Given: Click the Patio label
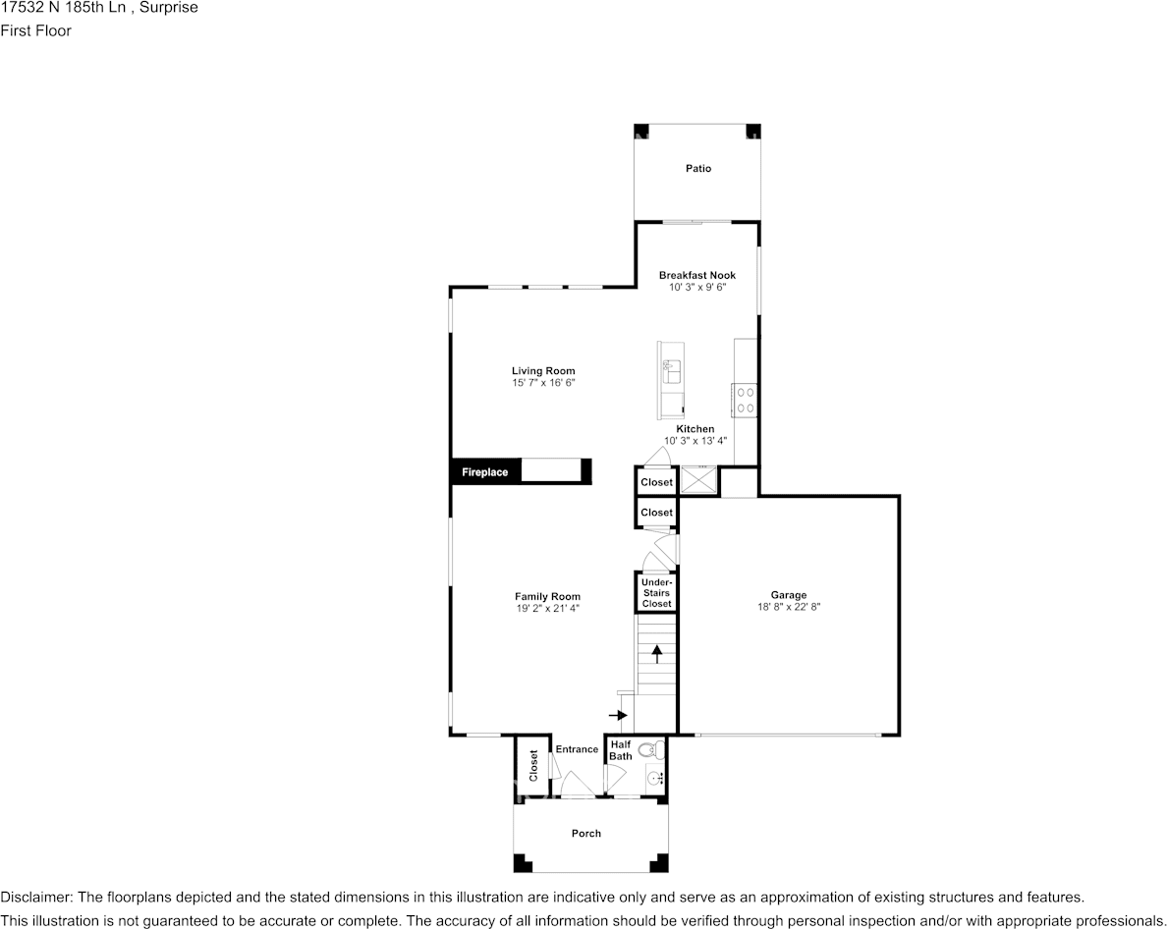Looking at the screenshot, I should pos(697,169).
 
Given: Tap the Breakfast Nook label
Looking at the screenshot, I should pos(696,276).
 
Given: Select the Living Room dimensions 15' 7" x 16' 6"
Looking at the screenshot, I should pos(543,383).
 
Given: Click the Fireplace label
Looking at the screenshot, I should pos(485,472).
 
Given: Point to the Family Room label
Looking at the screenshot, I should pos(547,596).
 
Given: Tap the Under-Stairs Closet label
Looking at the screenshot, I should pos(656,593).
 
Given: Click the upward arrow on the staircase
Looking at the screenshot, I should pos(656,654).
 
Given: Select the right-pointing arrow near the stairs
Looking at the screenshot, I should pos(618,716).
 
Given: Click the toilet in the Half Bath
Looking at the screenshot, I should pos(648,751).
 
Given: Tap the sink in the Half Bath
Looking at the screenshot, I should pos(655,779).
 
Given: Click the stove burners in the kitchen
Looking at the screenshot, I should pos(746,398).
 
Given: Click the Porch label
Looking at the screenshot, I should pos(586,834).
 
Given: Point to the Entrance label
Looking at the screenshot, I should pos(577,749).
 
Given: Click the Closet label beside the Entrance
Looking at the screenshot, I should pos(533,765).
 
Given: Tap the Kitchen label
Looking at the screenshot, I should pos(695,429).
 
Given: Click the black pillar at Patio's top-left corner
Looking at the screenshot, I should pos(640,131).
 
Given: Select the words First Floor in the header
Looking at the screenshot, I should pos(35,30).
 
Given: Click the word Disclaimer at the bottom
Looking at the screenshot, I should pos(34,898).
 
